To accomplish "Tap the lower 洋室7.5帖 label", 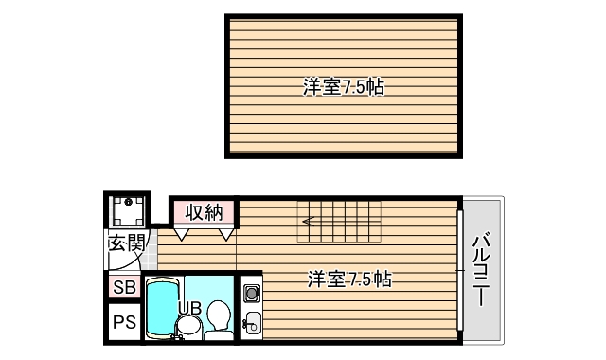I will [349, 279].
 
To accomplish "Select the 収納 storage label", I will [203, 211].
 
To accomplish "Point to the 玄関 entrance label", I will [127, 243].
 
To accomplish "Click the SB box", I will [124, 287].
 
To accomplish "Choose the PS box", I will [124, 321].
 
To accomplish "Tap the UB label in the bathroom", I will [189, 306].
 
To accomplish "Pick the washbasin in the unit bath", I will [187, 327].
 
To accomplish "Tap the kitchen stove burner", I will [251, 293].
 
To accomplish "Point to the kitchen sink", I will [251, 322].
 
